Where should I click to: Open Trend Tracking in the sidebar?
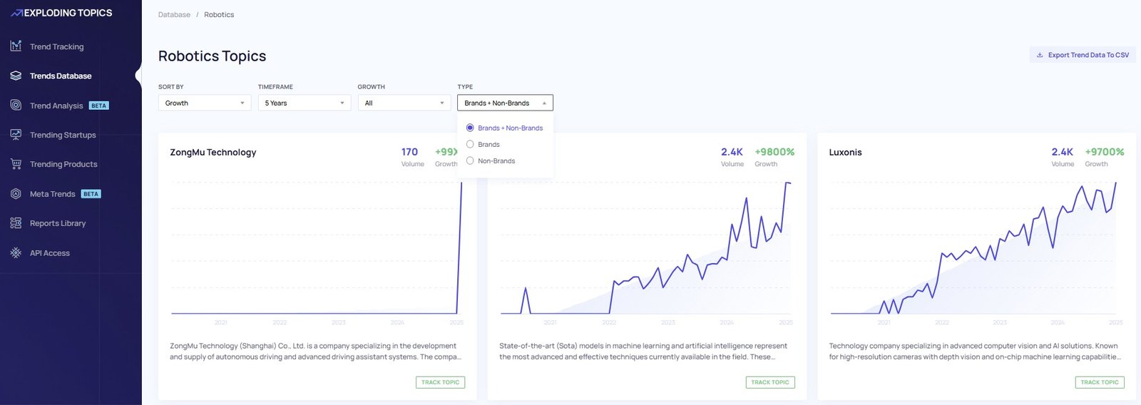click(56, 46)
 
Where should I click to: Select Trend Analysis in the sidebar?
click(56, 106)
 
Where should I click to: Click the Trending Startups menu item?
click(63, 135)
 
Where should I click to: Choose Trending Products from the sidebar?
click(63, 164)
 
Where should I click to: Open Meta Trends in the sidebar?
click(52, 194)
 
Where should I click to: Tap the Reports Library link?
click(58, 223)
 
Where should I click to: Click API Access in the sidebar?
click(50, 253)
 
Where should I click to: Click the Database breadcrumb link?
click(174, 14)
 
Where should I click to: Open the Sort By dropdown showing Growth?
click(204, 103)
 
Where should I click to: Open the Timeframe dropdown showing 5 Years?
click(304, 103)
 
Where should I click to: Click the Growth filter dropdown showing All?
click(404, 103)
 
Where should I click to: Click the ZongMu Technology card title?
click(213, 152)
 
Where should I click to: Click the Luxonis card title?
click(845, 152)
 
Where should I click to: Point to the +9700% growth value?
click(1104, 152)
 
